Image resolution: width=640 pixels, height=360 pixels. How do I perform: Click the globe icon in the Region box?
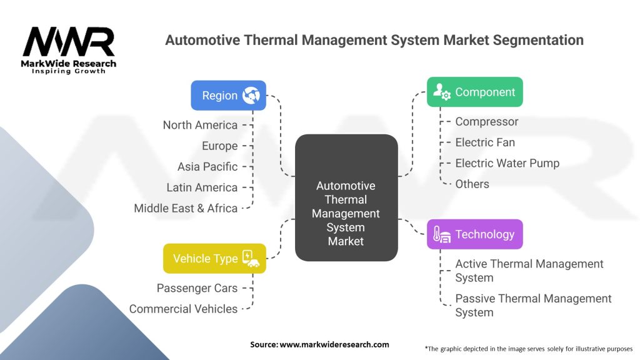click(251, 95)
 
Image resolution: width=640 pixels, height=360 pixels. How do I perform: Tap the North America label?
click(200, 125)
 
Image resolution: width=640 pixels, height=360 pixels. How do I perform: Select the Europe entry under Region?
click(219, 146)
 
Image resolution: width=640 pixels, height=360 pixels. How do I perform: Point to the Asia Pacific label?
click(207, 166)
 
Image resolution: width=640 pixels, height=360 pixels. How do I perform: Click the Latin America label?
click(202, 187)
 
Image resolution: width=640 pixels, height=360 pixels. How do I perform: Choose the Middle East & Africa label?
click(186, 208)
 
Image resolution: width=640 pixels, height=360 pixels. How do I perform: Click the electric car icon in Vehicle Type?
click(251, 258)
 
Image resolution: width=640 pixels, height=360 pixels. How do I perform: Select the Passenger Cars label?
click(197, 288)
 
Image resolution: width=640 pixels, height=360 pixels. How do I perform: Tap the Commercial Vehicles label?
click(183, 309)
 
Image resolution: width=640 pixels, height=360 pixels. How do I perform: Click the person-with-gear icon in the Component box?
click(442, 91)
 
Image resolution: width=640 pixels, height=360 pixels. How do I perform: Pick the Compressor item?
click(486, 122)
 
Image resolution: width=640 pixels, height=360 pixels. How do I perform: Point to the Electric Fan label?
click(485, 142)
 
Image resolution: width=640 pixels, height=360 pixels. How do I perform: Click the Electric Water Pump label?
click(507, 163)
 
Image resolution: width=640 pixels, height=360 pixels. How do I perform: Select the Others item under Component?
click(472, 184)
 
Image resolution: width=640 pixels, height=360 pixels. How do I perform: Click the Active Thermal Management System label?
click(529, 271)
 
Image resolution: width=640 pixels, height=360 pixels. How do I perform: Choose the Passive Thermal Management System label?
click(533, 305)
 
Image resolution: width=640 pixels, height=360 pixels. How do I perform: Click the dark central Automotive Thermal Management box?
click(346, 197)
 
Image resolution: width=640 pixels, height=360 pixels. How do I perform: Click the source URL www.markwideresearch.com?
click(334, 344)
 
